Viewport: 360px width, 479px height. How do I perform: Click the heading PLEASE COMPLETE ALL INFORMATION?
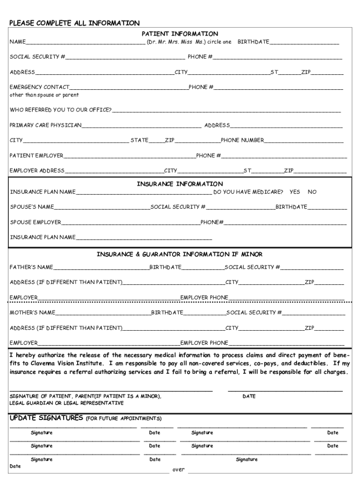click(x=74, y=23)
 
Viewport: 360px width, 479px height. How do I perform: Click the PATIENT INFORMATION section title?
click(x=180, y=34)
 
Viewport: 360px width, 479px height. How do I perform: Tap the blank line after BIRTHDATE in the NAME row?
click(x=304, y=42)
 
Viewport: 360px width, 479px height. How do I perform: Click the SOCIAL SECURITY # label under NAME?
click(x=37, y=57)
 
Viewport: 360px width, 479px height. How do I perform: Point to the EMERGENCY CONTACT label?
click(x=39, y=87)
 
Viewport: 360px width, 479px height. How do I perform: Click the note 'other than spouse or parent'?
click(x=44, y=95)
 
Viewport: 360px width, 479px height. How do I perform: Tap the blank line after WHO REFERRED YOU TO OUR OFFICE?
click(x=226, y=110)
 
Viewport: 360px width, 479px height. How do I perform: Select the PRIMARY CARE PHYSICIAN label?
click(x=46, y=125)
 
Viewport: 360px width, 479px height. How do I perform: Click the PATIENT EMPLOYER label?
click(x=36, y=155)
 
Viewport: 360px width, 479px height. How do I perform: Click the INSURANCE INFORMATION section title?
click(x=180, y=184)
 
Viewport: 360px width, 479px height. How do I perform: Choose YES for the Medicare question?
click(x=295, y=192)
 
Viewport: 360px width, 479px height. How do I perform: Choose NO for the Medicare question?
click(x=312, y=192)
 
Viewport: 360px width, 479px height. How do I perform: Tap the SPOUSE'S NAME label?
click(x=32, y=207)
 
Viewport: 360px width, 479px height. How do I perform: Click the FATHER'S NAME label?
click(x=31, y=267)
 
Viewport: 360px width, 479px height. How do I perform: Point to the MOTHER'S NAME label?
click(x=32, y=312)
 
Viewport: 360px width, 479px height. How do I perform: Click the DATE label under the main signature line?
click(x=249, y=396)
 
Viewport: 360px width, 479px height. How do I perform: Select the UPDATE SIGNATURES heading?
click(x=46, y=418)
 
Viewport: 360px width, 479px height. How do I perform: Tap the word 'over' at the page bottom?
click(x=179, y=469)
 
